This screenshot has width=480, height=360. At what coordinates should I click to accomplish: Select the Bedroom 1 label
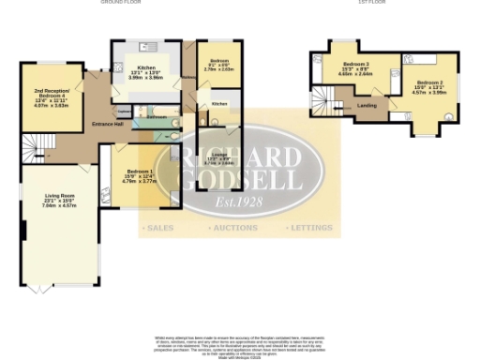[x=140, y=172]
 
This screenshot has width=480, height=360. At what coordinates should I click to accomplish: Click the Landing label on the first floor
[x=367, y=105]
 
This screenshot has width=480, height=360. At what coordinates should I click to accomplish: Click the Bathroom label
[x=157, y=117]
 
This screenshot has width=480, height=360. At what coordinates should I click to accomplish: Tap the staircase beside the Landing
[x=323, y=97]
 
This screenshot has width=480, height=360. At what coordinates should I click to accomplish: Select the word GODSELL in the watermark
[x=240, y=179]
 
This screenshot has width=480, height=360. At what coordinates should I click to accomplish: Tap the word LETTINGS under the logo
[x=309, y=228]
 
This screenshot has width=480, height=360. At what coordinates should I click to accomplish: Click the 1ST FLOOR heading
[x=371, y=3]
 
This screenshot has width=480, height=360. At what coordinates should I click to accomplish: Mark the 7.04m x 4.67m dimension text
[x=58, y=206]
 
